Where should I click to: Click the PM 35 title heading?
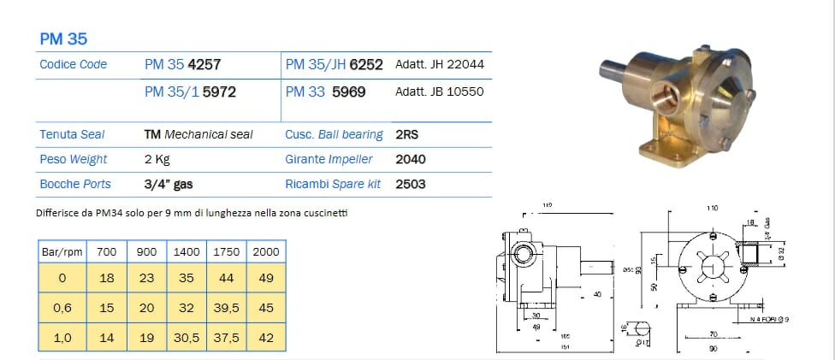tap(63, 38)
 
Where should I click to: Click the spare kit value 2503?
tap(411, 184)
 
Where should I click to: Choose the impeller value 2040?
tap(411, 159)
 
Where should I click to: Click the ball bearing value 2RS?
tap(407, 134)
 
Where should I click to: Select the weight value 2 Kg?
tap(157, 159)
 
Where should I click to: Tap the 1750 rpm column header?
tap(226, 253)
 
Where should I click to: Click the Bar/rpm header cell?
tap(62, 253)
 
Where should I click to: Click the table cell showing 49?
tap(266, 277)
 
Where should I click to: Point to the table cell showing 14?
tap(106, 338)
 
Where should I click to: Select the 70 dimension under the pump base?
tap(713, 333)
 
